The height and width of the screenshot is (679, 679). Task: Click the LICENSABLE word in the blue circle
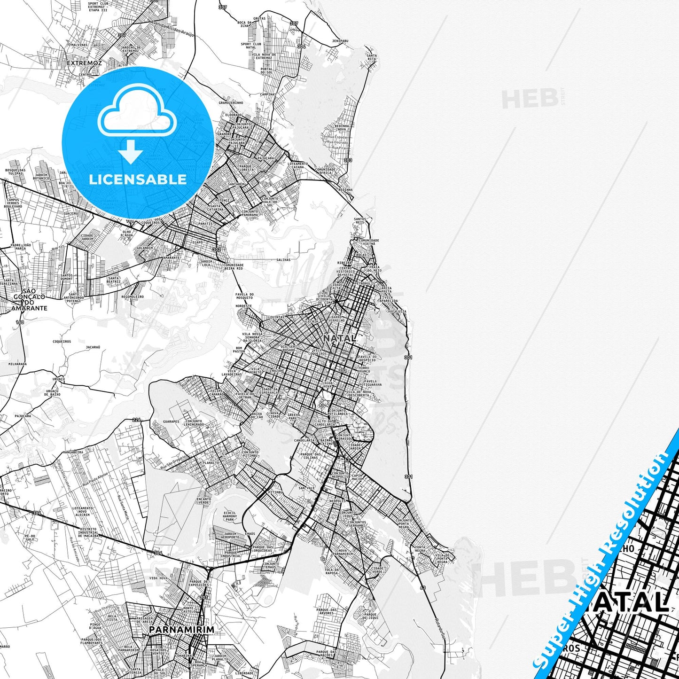[138, 180]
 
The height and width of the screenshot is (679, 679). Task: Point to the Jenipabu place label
[340, 41]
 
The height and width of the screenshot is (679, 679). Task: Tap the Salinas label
[283, 259]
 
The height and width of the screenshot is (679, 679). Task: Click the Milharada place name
[17, 364]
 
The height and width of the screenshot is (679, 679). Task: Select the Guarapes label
[172, 421]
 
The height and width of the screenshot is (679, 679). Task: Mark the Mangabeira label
[73, 453]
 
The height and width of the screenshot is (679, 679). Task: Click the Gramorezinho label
[231, 102]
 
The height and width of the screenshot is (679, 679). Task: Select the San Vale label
[306, 488]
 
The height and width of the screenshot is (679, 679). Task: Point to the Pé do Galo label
[30, 538]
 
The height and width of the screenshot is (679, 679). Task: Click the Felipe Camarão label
[217, 392]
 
